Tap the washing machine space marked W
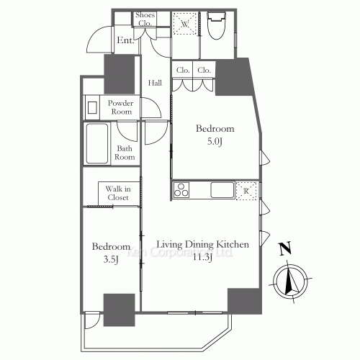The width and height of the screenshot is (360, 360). click(x=184, y=24)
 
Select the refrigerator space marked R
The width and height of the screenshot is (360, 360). click(x=246, y=191)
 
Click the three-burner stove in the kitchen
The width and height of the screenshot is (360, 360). click(x=181, y=190)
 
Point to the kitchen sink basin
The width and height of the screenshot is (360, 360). click(x=222, y=190)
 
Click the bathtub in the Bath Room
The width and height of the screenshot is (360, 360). click(x=96, y=143)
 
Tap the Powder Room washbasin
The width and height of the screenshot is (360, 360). click(x=92, y=107)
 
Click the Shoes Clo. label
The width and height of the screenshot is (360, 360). click(x=145, y=19)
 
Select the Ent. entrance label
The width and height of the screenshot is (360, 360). click(x=125, y=40)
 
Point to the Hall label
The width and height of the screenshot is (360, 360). click(x=155, y=83)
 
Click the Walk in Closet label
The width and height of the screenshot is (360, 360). click(x=118, y=193)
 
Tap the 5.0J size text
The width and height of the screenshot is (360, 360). click(x=215, y=141)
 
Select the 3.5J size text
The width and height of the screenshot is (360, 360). click(x=111, y=259)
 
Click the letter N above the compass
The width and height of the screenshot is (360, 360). click(x=285, y=248)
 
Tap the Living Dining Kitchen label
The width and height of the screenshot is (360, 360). click(x=202, y=244)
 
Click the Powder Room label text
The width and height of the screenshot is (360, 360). click(x=120, y=107)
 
